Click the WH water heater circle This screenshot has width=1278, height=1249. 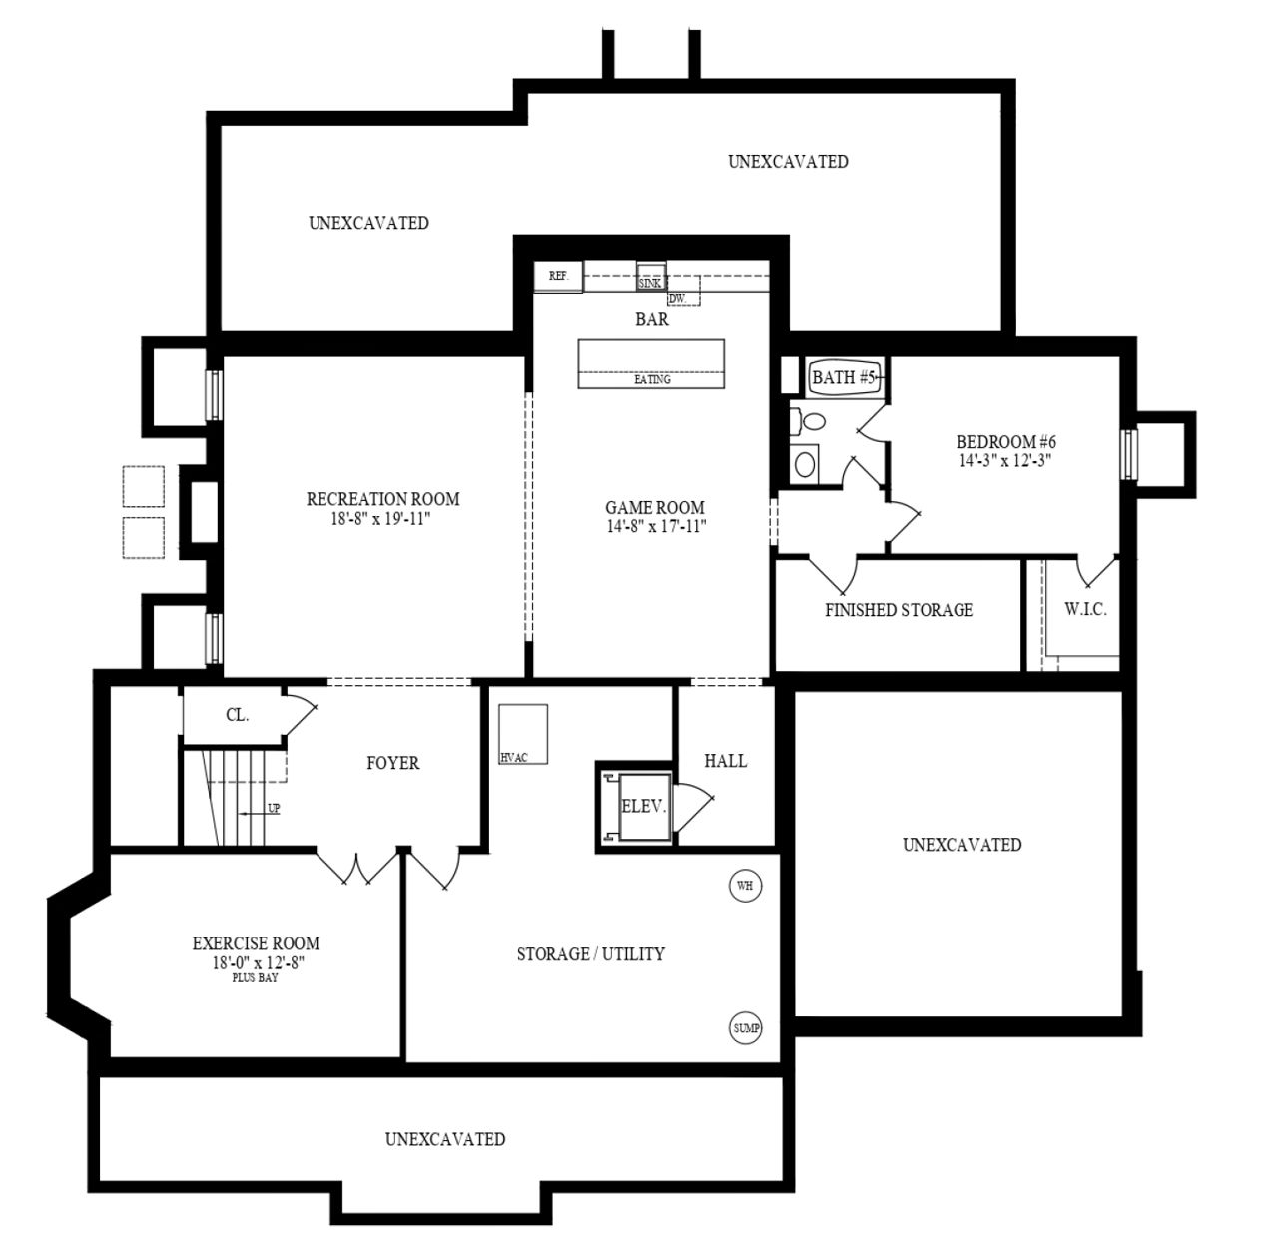click(x=745, y=886)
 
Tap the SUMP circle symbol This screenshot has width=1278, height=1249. click(x=746, y=1028)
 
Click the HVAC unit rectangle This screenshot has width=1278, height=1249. click(x=523, y=734)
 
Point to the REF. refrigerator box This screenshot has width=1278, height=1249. click(x=558, y=276)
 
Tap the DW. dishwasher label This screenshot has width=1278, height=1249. click(x=678, y=298)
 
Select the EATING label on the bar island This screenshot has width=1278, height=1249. click(x=652, y=380)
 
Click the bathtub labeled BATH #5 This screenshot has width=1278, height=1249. click(x=844, y=377)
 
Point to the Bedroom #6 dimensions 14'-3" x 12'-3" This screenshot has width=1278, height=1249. click(x=1005, y=461)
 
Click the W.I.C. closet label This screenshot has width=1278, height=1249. click(x=1085, y=610)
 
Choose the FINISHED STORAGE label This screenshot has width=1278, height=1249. click(x=899, y=610)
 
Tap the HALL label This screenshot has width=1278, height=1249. click(x=725, y=761)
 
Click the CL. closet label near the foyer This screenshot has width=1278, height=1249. click(x=237, y=715)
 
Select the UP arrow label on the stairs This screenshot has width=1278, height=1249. click(x=273, y=809)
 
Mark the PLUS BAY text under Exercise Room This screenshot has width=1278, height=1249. click(x=256, y=978)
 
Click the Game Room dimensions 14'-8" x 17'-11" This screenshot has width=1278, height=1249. click(x=655, y=526)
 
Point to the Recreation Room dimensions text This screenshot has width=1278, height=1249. click(x=382, y=518)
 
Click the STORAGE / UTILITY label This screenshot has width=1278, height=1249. click(x=590, y=954)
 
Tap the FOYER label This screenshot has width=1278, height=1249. click(x=392, y=763)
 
